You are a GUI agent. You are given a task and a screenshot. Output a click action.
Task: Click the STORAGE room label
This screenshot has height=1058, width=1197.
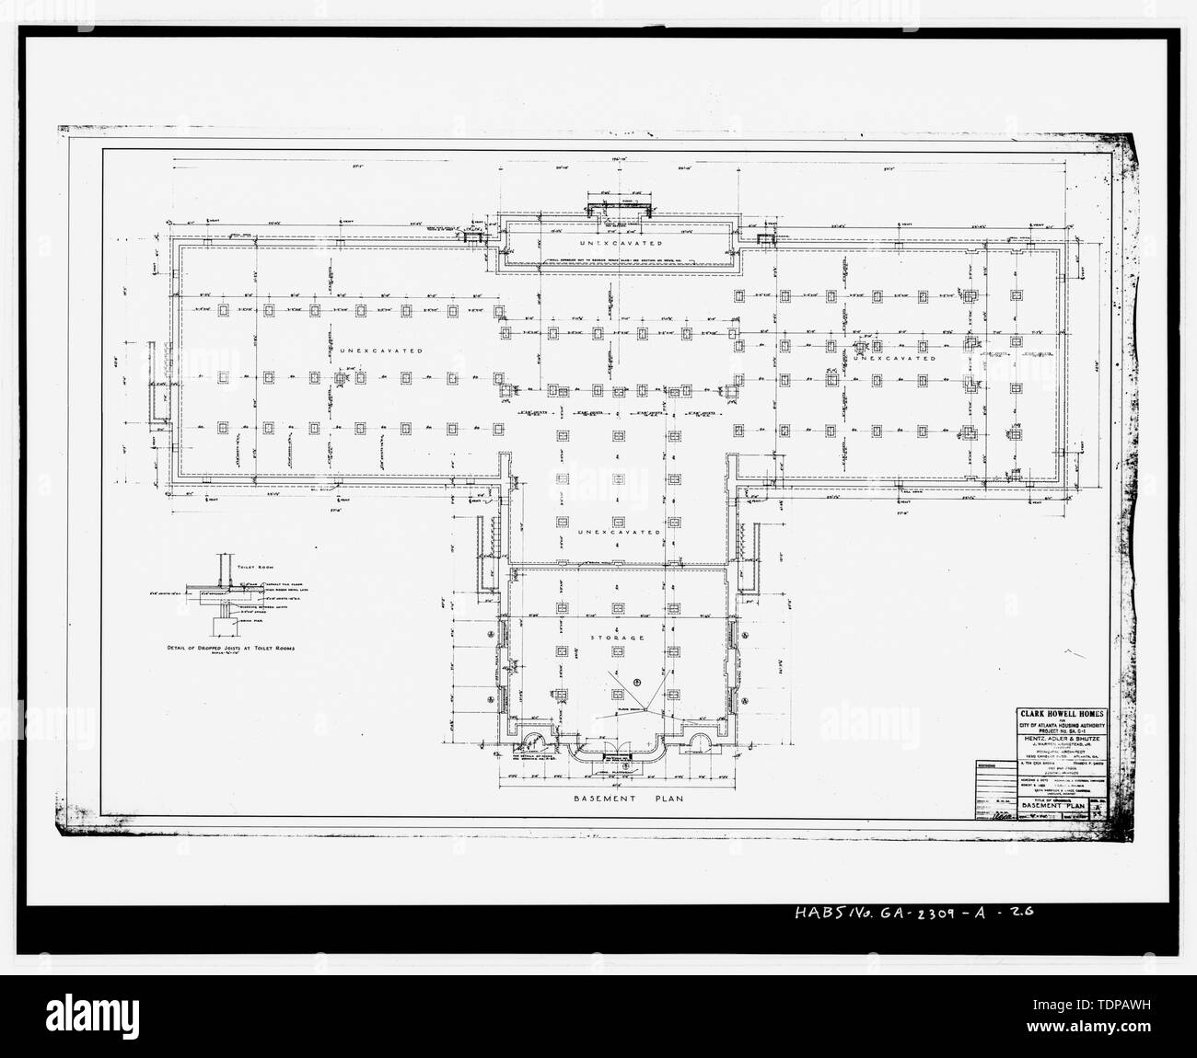click(617, 637)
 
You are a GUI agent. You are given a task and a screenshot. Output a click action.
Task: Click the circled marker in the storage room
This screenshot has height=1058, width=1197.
click(635, 682)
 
